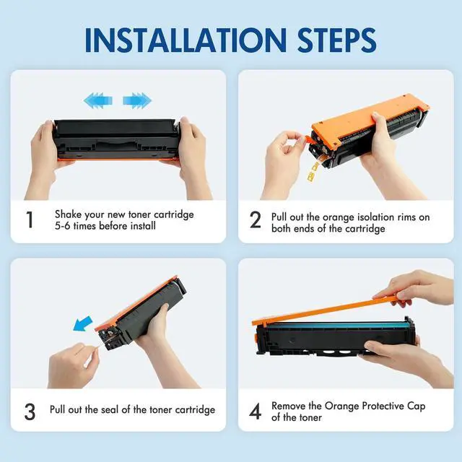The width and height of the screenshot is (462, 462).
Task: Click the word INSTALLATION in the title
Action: click(186, 40)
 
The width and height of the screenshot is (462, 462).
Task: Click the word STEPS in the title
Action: click(337, 40)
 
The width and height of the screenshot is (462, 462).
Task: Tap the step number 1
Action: click(30, 219)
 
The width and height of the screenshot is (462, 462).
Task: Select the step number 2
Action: click(255, 219)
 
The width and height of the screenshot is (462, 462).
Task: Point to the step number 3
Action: click(30, 411)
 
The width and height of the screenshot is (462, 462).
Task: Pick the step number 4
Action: click(255, 411)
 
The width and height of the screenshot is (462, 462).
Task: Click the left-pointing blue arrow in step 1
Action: click(98, 100)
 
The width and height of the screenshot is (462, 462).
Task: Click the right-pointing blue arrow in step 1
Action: click(137, 100)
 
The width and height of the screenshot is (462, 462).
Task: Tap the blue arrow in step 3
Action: click(83, 323)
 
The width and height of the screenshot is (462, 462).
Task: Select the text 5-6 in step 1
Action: click(63, 226)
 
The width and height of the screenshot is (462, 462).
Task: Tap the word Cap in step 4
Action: click(417, 406)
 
